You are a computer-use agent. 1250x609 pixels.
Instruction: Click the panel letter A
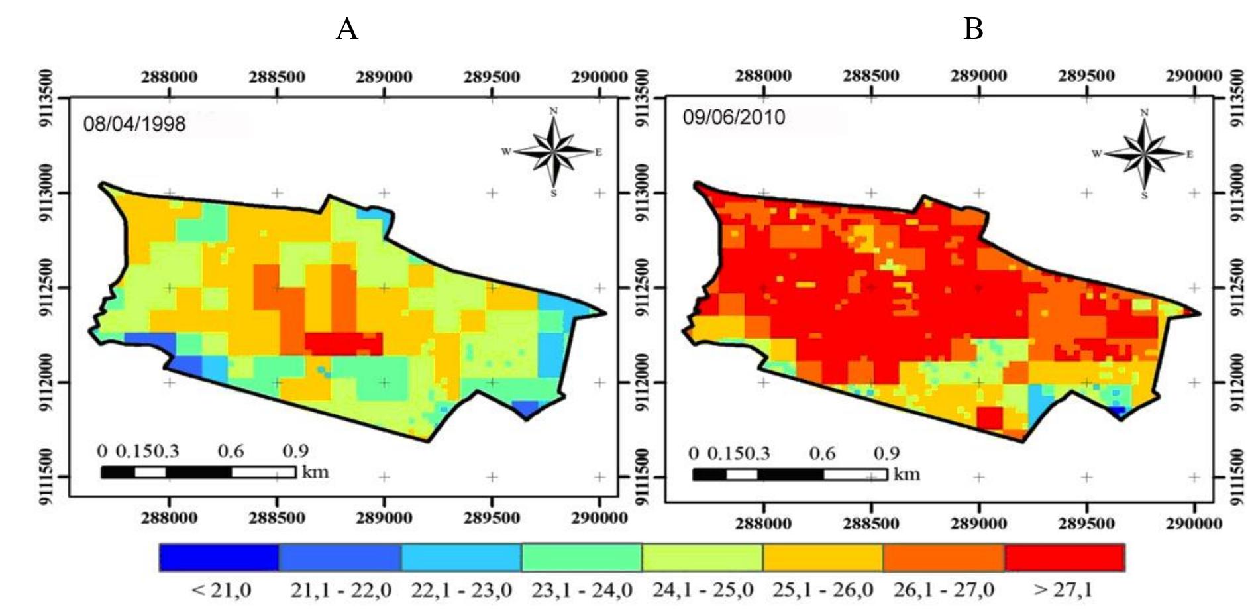click(x=346, y=29)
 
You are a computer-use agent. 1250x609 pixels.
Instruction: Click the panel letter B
click(x=972, y=29)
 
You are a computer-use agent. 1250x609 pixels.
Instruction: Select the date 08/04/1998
click(x=134, y=124)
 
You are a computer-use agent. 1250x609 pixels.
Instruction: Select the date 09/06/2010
click(x=733, y=117)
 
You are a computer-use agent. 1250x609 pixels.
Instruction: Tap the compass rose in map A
click(x=554, y=152)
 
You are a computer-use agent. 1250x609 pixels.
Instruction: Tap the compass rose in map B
click(x=1144, y=154)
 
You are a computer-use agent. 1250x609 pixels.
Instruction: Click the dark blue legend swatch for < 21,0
click(x=219, y=557)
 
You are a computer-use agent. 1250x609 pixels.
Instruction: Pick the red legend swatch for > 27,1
click(x=1065, y=557)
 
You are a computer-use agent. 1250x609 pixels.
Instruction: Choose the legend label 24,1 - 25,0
click(x=702, y=589)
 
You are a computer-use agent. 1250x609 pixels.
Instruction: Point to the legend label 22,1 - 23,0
click(x=461, y=589)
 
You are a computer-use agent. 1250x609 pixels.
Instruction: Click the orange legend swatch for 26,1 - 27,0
click(x=943, y=557)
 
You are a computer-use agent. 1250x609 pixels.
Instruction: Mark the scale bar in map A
click(x=198, y=472)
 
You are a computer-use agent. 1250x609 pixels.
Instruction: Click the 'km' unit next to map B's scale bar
click(x=906, y=474)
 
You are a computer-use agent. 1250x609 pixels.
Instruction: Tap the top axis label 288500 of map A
click(x=277, y=77)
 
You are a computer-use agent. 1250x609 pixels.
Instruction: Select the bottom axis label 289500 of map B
click(x=1086, y=524)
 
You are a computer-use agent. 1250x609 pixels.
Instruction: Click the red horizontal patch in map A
click(x=343, y=343)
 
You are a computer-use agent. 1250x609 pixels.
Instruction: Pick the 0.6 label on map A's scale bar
click(x=231, y=451)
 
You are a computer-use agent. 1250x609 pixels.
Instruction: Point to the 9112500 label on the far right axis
click(x=1236, y=288)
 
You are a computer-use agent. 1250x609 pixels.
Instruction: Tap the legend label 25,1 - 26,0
click(x=823, y=589)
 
